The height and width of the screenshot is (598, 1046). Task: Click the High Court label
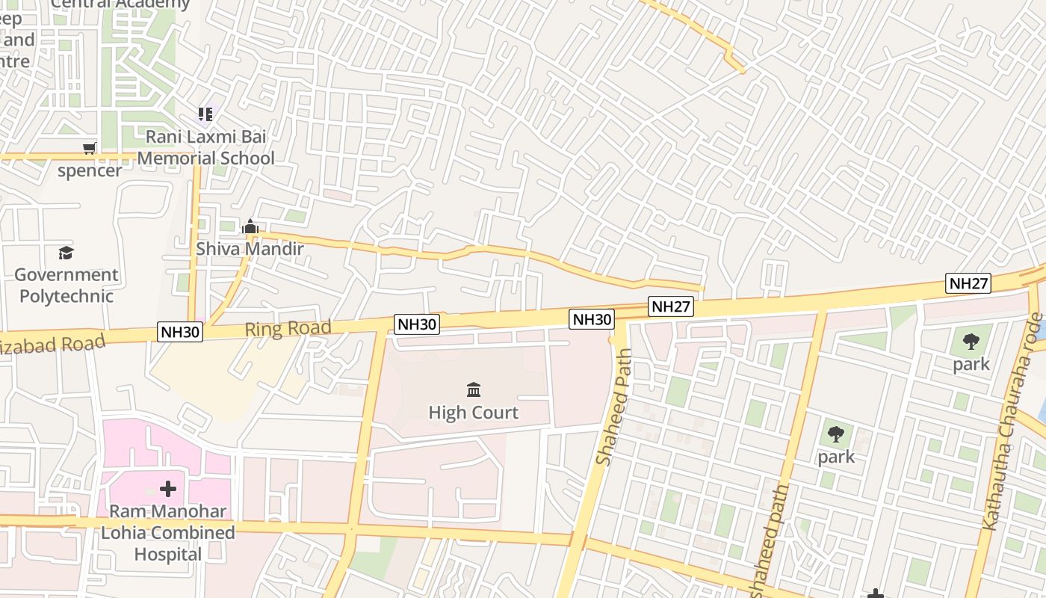pyautogui.click(x=473, y=412)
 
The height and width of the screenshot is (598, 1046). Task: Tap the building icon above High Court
pyautogui.click(x=473, y=389)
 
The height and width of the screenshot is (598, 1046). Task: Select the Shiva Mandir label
pyautogui.click(x=250, y=249)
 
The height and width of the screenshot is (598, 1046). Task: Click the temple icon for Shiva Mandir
pyautogui.click(x=250, y=226)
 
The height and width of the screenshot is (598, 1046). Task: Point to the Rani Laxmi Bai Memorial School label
pyautogui.click(x=205, y=147)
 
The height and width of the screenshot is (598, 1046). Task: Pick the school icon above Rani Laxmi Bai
pyautogui.click(x=205, y=114)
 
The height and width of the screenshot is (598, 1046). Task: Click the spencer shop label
pyautogui.click(x=90, y=170)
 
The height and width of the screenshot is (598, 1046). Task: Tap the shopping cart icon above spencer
pyautogui.click(x=90, y=148)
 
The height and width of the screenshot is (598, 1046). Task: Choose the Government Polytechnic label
pyautogui.click(x=66, y=285)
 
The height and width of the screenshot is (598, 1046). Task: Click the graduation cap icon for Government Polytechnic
pyautogui.click(x=66, y=253)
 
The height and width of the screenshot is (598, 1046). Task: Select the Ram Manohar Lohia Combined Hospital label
pyautogui.click(x=168, y=533)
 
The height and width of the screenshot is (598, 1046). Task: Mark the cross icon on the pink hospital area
pyautogui.click(x=168, y=489)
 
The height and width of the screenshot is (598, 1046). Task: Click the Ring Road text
pyautogui.click(x=288, y=328)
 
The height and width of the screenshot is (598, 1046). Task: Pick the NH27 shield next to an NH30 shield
pyautogui.click(x=671, y=306)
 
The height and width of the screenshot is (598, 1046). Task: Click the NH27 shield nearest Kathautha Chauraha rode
pyautogui.click(x=968, y=283)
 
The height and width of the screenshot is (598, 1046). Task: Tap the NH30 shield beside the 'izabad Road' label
pyautogui.click(x=180, y=332)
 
